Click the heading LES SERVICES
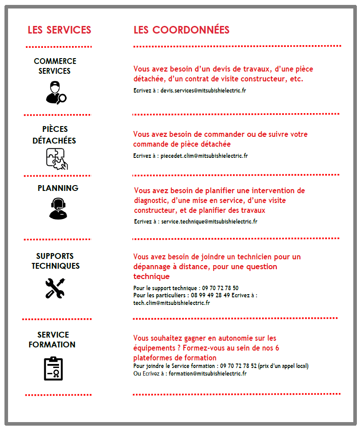(x=59, y=30)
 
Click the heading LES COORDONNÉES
(x=181, y=30)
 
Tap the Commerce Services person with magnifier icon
(x=56, y=92)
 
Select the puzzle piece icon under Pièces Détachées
(x=57, y=159)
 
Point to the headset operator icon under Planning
(x=58, y=208)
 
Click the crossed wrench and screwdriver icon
(x=55, y=288)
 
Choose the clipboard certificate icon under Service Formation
(x=53, y=368)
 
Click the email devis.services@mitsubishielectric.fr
(x=203, y=90)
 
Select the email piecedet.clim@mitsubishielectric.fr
(x=204, y=156)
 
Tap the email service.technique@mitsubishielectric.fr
(x=209, y=221)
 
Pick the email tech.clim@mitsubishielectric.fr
(x=171, y=303)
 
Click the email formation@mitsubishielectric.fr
(x=208, y=373)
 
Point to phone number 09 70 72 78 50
(x=220, y=288)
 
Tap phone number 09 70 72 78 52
(x=238, y=366)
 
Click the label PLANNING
(x=58, y=188)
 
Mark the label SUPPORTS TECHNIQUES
(x=55, y=261)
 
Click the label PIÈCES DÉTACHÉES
(x=55, y=135)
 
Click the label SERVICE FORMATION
(x=52, y=340)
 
